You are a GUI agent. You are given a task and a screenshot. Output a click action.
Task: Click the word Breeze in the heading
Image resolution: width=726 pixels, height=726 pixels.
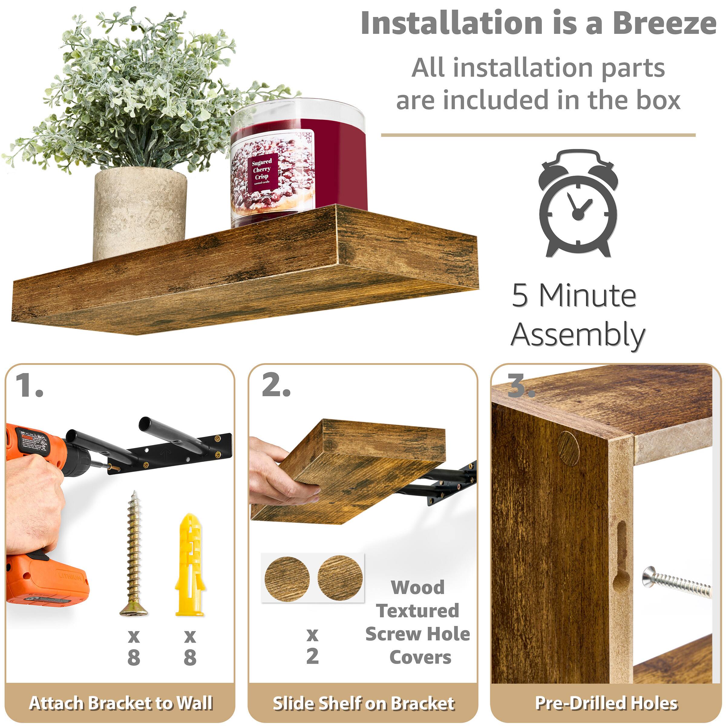pos(664,23)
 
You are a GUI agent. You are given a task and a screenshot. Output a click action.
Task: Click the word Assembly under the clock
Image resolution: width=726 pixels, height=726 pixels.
pos(578,335)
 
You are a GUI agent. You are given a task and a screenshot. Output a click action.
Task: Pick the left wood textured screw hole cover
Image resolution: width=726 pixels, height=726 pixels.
pos(287,579)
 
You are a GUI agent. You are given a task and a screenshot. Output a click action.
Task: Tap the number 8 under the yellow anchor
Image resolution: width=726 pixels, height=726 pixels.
pos(190,658)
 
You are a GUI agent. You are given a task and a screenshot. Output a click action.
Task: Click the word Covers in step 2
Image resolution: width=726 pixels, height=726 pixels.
pos(420,657)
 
